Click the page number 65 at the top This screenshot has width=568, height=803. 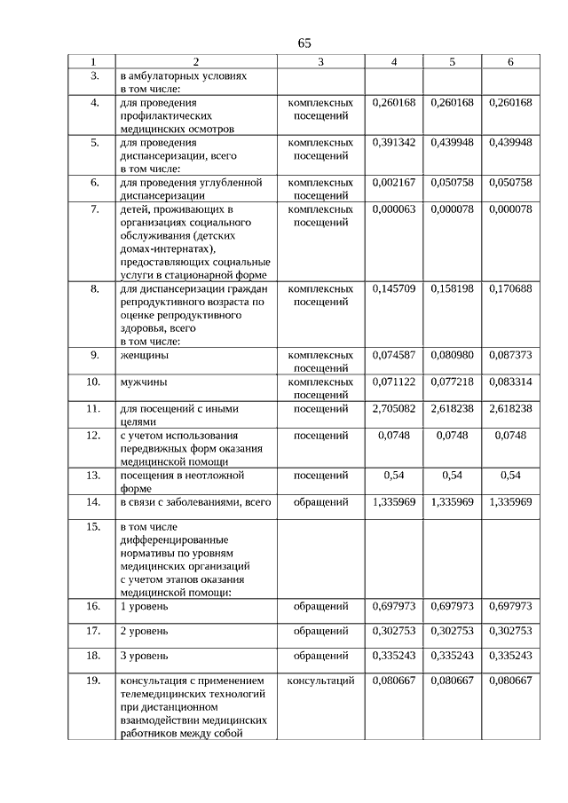[304, 43]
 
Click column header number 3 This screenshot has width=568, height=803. [320, 62]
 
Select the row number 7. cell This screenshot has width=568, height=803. [93, 209]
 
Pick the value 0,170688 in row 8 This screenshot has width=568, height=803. [510, 288]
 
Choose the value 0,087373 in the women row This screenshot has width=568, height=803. [510, 355]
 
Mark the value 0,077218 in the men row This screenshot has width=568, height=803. [452, 382]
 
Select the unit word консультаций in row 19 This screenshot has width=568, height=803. [320, 681]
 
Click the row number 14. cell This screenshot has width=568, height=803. [93, 502]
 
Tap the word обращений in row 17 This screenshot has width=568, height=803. [320, 631]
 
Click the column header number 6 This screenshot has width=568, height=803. [510, 62]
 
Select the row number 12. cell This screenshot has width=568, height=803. [93, 435]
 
